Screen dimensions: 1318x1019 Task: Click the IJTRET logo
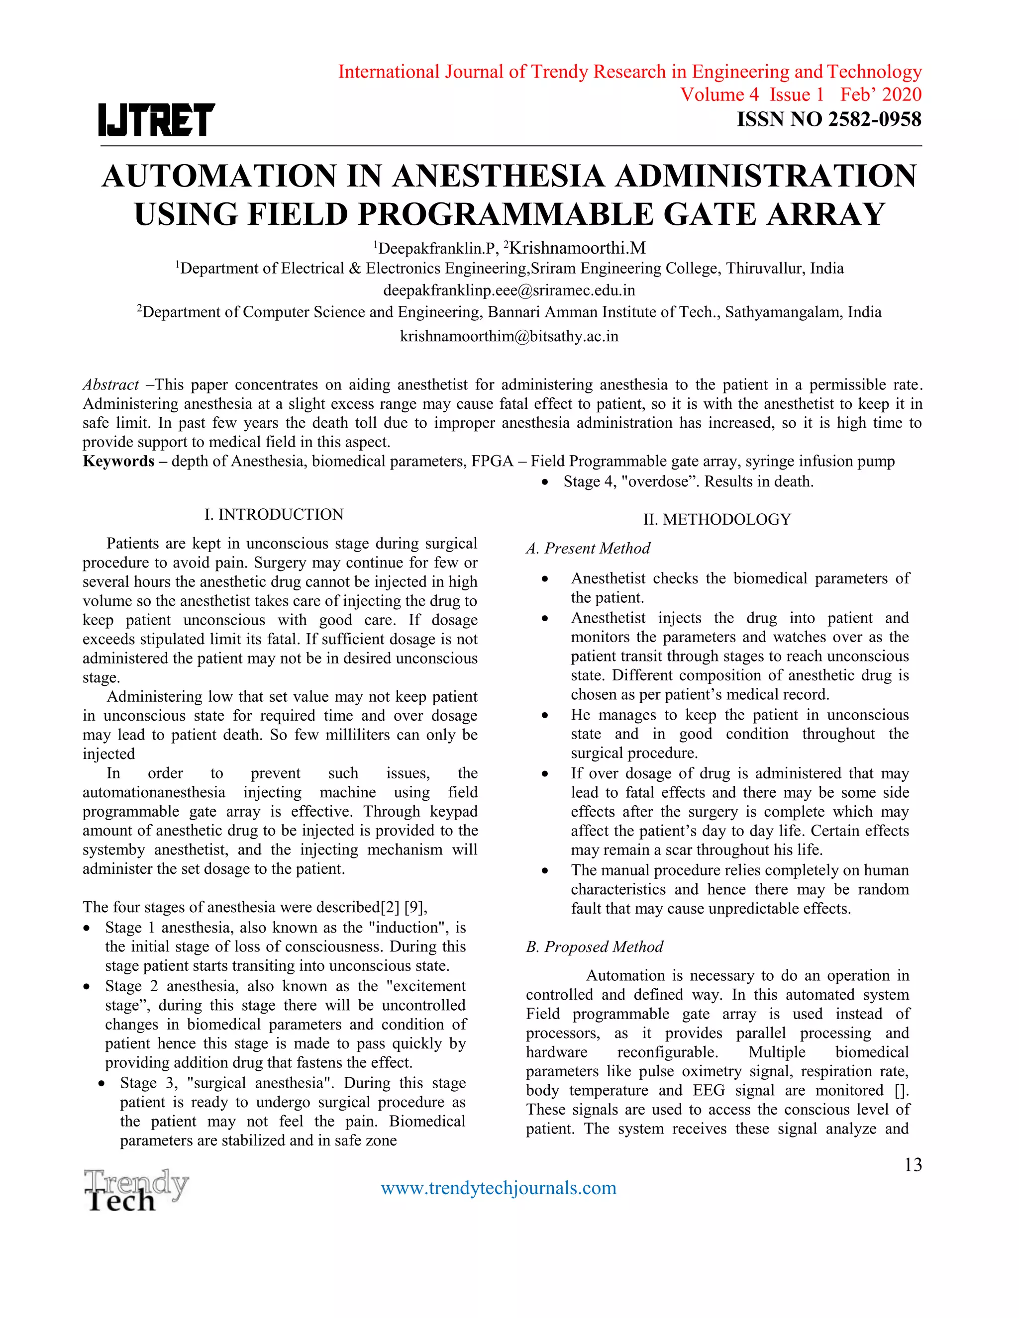(x=156, y=119)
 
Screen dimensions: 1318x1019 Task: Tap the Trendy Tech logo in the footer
(x=136, y=1190)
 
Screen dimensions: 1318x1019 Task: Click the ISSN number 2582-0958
(x=875, y=119)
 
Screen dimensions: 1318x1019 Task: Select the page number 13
(x=913, y=1164)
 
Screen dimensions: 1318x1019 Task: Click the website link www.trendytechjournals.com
(x=499, y=1188)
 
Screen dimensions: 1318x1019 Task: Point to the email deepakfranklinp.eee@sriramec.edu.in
(x=509, y=290)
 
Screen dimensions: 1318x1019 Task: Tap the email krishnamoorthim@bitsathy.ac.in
(x=509, y=336)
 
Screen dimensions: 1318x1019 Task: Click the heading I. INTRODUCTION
(x=274, y=514)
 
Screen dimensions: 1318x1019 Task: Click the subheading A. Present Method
(x=588, y=548)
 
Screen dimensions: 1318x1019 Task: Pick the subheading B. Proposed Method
(x=594, y=946)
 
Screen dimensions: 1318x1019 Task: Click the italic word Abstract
(x=110, y=384)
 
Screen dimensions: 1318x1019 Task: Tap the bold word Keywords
(x=118, y=461)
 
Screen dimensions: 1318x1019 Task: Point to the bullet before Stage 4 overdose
(x=545, y=482)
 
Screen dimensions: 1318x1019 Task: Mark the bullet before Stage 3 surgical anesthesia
(x=102, y=1083)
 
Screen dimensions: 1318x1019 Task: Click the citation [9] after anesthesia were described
(x=414, y=907)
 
